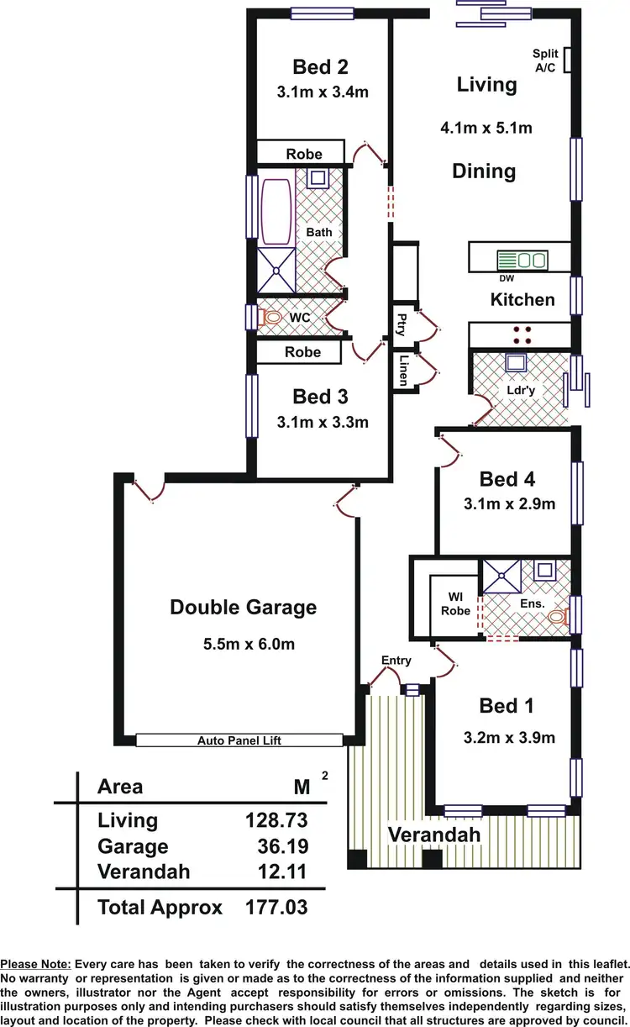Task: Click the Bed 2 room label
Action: click(x=320, y=67)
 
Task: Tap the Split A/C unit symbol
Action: click(x=569, y=60)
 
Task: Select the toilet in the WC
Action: click(x=270, y=318)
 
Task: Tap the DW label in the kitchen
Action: click(x=507, y=279)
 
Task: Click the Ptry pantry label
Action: click(x=402, y=323)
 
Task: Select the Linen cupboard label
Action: click(x=403, y=369)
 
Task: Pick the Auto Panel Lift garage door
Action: click(x=239, y=740)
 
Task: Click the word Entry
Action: click(x=396, y=661)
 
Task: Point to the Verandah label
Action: click(x=433, y=835)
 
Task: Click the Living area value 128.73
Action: click(x=276, y=820)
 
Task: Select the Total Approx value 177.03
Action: click(x=276, y=908)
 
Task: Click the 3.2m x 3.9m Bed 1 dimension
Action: click(x=509, y=739)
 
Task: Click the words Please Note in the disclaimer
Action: click(x=35, y=964)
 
